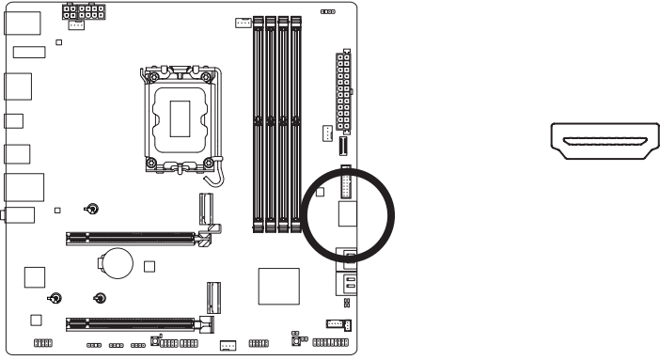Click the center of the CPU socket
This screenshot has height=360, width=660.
(181, 117)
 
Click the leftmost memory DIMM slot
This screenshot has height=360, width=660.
(258, 122)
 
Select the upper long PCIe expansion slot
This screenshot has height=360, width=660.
(133, 238)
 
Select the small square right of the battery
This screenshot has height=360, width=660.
(149, 265)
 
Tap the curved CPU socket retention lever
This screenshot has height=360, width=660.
(217, 175)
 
